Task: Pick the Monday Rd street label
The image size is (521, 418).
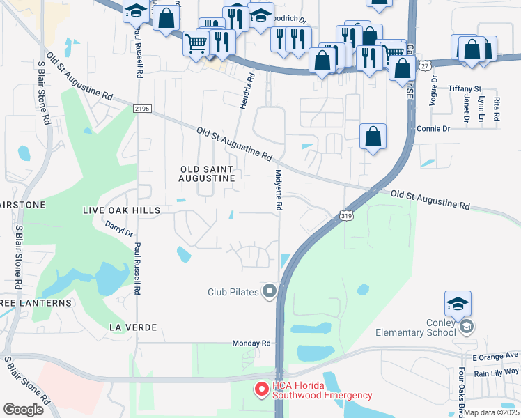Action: [x=251, y=343]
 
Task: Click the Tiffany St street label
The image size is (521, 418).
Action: [x=465, y=88]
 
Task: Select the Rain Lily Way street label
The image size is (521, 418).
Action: [x=497, y=373]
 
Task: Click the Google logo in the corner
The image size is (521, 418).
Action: [x=23, y=409]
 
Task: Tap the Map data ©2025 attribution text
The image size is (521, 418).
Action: [x=492, y=412]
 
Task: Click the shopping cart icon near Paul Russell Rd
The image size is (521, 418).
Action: [x=196, y=44]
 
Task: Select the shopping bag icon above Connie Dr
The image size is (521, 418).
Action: [x=373, y=137]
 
